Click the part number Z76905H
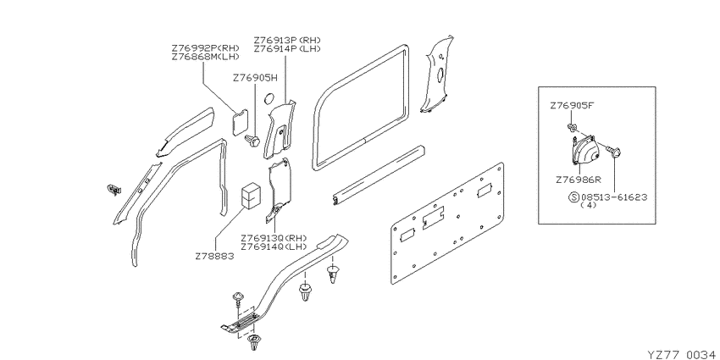(255, 78)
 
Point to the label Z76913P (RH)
(287, 40)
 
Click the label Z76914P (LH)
(287, 48)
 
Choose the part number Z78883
(214, 256)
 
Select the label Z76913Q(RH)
(274, 238)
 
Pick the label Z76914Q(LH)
(274, 246)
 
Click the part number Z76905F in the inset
(572, 106)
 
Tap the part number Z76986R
(579, 180)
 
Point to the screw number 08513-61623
(614, 197)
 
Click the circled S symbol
(574, 197)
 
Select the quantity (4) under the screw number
(588, 205)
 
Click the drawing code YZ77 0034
(681, 354)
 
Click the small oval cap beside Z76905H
(269, 97)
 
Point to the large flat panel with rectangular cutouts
(447, 223)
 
